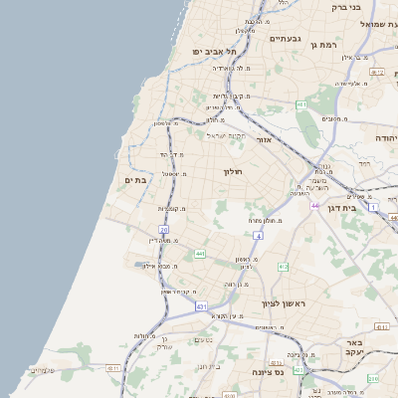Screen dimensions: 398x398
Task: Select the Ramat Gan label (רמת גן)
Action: pos(353,45)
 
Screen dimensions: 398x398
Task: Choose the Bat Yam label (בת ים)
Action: pos(135,180)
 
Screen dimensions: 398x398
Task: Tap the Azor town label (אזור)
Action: pos(264,140)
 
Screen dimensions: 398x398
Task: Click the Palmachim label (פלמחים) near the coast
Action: pos(43,370)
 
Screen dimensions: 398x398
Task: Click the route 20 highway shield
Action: pos(163,229)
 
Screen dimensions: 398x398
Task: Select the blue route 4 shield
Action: pos(257,236)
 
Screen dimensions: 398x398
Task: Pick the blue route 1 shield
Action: pos(372,207)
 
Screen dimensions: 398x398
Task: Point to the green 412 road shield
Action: pos(283,267)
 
